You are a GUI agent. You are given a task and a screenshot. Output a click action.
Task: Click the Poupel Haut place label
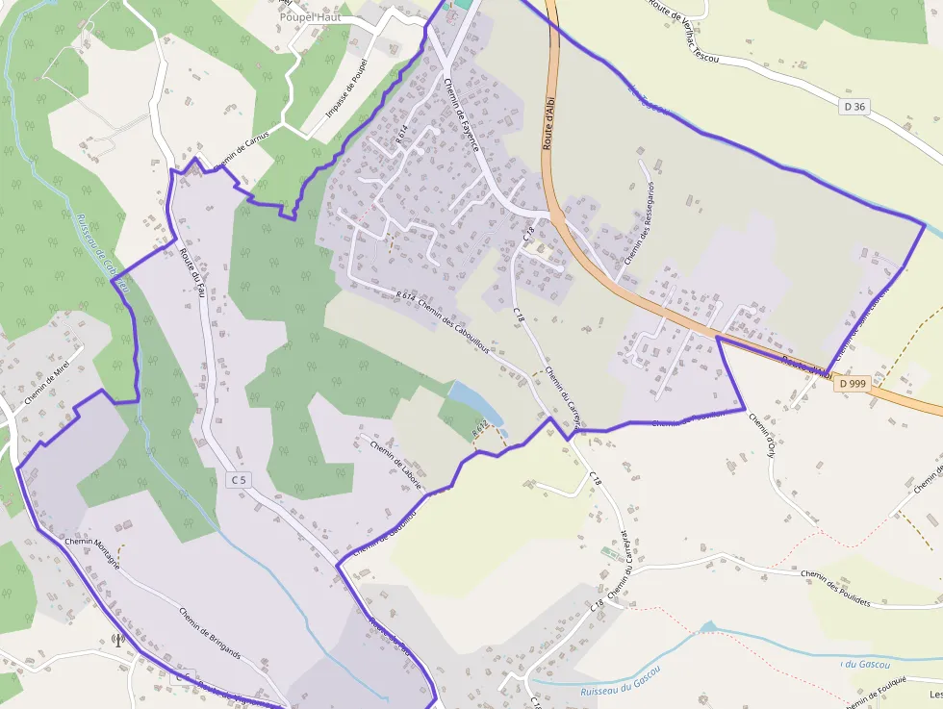pos(311,17)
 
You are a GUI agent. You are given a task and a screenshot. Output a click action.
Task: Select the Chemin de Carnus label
pos(242,150)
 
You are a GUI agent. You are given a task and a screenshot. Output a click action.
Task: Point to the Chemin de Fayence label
pos(461,113)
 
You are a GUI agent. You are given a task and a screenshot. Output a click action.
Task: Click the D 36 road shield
pos(854,107)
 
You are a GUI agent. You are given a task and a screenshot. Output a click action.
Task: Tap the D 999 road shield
pos(853,383)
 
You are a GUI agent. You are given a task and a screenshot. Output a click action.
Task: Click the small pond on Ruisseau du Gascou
pos(708,627)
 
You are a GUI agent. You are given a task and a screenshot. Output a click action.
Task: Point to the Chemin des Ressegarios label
pos(638,222)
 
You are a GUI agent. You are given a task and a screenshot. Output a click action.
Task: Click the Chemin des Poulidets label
pos(835,587)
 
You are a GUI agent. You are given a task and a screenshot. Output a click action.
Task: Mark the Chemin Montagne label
pos(92,554)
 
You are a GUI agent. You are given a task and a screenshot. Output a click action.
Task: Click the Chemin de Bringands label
pos(209,631)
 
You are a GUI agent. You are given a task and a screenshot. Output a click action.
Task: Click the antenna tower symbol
pos(117,639)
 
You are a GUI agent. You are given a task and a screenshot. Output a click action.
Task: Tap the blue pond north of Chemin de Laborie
pos(474,403)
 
